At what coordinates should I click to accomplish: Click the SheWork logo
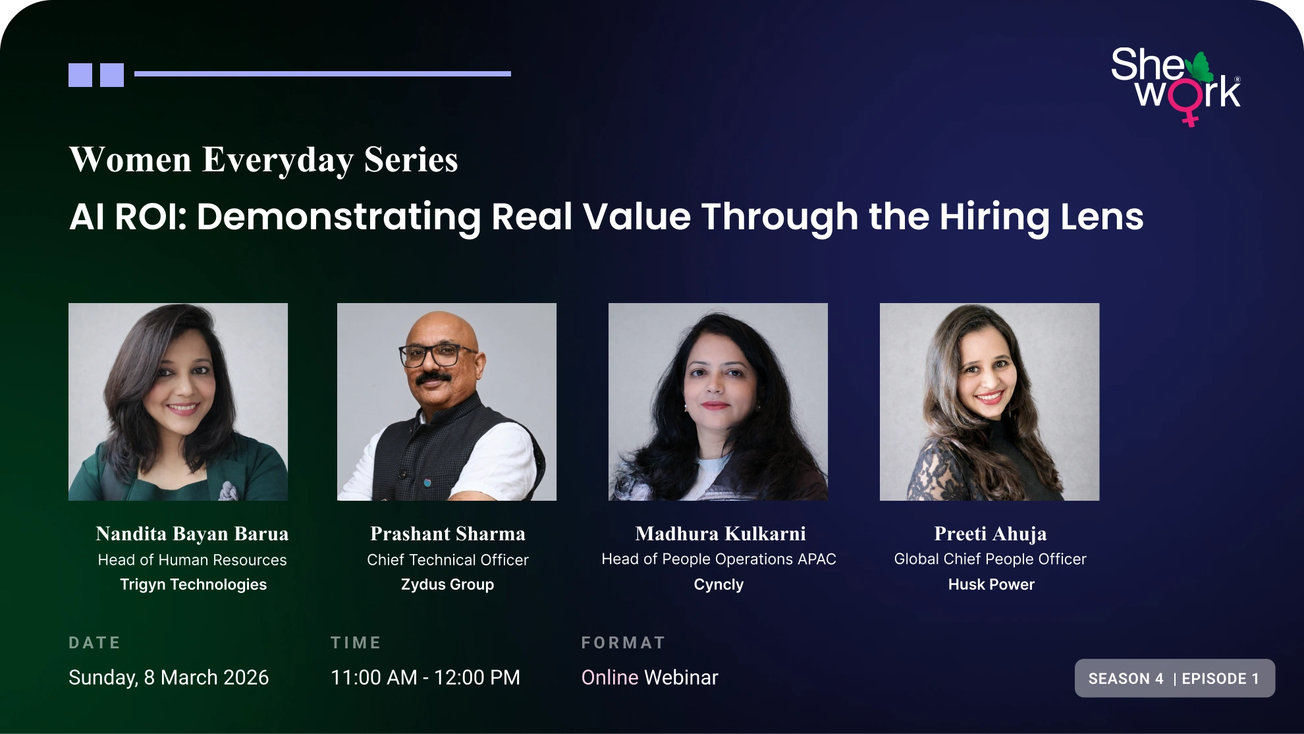pos(1176,86)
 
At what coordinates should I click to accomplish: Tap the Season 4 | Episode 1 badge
pos(1175,678)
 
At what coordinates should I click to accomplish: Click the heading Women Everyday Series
pos(263,160)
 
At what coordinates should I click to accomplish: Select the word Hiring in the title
pos(994,217)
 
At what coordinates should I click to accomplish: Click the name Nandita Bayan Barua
pos(192,534)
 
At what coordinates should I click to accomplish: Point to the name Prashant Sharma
pos(448,534)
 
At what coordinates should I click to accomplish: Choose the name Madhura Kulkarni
pos(720,534)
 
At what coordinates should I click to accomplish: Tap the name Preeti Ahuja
pos(991,534)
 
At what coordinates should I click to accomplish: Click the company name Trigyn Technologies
pos(194,584)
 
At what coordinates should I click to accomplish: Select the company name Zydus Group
pos(448,584)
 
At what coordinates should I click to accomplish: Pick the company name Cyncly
pos(719,584)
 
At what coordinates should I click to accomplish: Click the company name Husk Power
pos(991,584)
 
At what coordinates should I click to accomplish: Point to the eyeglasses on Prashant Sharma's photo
pos(437,355)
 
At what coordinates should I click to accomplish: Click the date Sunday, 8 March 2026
pos(169,677)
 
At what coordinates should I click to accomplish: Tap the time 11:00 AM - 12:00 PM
pos(425,677)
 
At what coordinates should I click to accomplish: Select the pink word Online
pos(610,677)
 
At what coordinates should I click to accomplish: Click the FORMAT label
pos(623,642)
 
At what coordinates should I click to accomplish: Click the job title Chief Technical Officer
pos(448,560)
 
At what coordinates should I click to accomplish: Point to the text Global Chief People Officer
pos(990,559)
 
